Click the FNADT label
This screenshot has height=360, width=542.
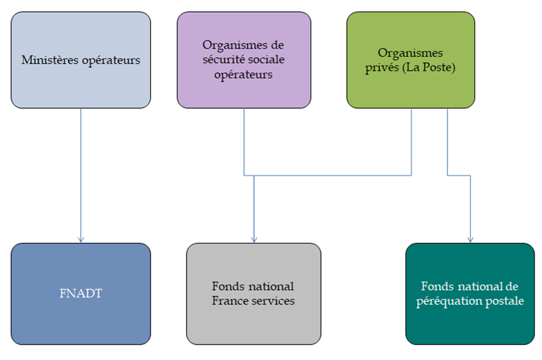(81, 293)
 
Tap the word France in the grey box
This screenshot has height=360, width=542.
(229, 301)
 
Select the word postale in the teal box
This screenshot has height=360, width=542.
(503, 301)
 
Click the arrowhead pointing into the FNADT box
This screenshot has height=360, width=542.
(81, 240)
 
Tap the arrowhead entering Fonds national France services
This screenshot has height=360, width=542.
(254, 240)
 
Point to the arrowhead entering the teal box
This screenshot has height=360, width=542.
(470, 240)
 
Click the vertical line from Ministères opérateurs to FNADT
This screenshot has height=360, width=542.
(81, 171)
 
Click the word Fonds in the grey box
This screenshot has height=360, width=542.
(227, 286)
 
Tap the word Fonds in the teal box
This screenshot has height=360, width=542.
(436, 286)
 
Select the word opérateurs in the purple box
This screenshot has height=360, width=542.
(243, 75)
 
